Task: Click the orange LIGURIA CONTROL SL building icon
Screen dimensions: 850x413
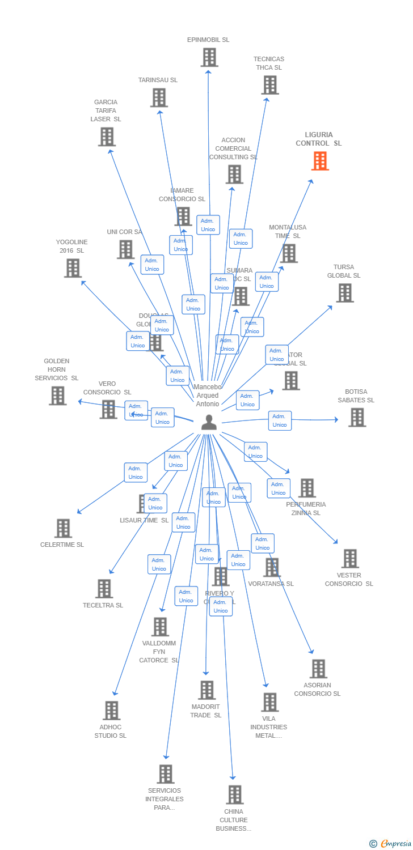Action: [320, 161]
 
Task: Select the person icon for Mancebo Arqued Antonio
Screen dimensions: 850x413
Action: [209, 422]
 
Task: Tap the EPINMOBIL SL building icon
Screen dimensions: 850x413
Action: [209, 57]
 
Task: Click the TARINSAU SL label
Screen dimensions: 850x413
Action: [158, 80]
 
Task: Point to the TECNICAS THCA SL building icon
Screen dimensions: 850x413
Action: [269, 85]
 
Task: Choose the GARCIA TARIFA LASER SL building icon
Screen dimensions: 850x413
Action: [107, 137]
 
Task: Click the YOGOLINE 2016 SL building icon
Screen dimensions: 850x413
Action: [73, 268]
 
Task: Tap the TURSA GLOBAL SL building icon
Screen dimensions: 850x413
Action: [344, 293]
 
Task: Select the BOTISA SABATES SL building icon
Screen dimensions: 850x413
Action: [356, 418]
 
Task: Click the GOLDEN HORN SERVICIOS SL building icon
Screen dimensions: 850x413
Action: [57, 396]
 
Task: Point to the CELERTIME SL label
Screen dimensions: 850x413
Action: [62, 545]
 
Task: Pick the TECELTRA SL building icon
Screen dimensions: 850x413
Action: [104, 589]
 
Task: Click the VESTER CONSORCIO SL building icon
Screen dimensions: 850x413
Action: [349, 559]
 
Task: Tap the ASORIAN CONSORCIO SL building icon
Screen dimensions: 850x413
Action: [318, 669]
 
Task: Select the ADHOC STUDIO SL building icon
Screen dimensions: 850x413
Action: [111, 711]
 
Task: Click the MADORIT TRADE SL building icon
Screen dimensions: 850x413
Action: [206, 690]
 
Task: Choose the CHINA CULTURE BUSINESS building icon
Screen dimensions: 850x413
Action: [234, 794]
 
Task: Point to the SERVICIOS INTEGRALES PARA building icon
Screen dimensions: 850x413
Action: [165, 774]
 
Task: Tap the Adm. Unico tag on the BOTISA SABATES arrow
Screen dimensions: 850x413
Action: [280, 420]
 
